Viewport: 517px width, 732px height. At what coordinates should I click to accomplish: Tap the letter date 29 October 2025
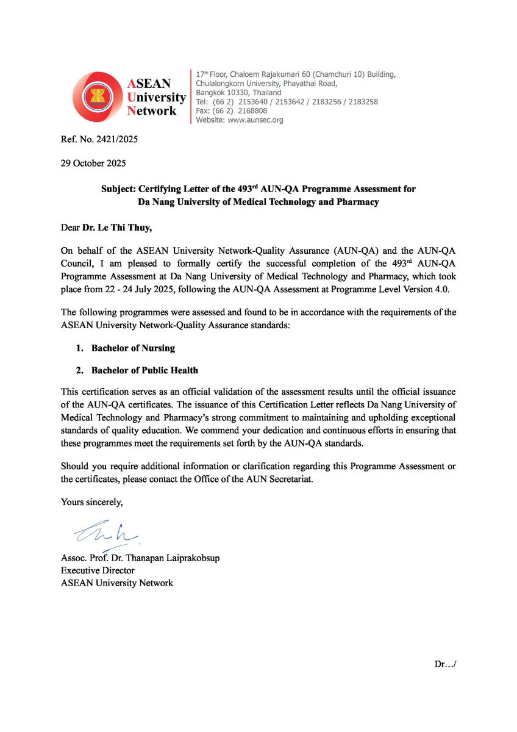pyautogui.click(x=94, y=163)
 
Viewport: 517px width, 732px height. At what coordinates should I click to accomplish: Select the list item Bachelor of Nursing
pyautogui.click(x=133, y=348)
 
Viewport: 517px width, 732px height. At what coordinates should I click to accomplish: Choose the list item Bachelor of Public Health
pyautogui.click(x=144, y=370)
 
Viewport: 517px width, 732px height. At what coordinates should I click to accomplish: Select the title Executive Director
pyautogui.click(x=98, y=570)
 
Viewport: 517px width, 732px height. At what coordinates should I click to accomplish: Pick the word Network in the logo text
pyautogui.click(x=152, y=111)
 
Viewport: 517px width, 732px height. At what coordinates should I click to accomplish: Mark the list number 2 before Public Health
pyautogui.click(x=78, y=370)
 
